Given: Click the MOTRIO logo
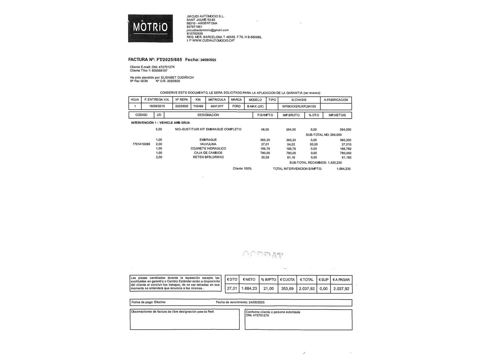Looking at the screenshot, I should pos(150,28).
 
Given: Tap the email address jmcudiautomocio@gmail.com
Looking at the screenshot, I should pos(208,30).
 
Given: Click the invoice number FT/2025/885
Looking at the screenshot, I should pos(169,60).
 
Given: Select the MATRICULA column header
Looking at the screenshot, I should pos(217,100).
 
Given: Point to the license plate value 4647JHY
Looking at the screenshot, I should pos(217,106).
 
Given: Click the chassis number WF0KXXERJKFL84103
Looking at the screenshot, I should pos(299,106).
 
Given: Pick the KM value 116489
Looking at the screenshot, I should pos(198,106).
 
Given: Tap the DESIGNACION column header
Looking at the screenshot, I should pos(208,115).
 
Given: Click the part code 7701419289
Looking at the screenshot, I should pos(141,144).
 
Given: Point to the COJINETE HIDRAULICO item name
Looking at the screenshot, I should pos(208,149).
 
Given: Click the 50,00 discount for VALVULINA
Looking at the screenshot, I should pos(314,144).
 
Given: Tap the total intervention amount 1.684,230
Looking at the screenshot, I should pos(343,169).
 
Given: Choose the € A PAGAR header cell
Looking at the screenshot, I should pos(341,280).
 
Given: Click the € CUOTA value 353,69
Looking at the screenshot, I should pos(287,289).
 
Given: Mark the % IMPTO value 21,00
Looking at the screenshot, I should pos(269,289).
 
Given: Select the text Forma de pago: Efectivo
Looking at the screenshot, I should pos(148,302).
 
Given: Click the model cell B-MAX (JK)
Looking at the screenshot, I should pos(255,106).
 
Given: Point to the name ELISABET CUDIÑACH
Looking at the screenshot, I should pos(177,78).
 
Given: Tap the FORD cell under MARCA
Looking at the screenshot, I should pos(236,106).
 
